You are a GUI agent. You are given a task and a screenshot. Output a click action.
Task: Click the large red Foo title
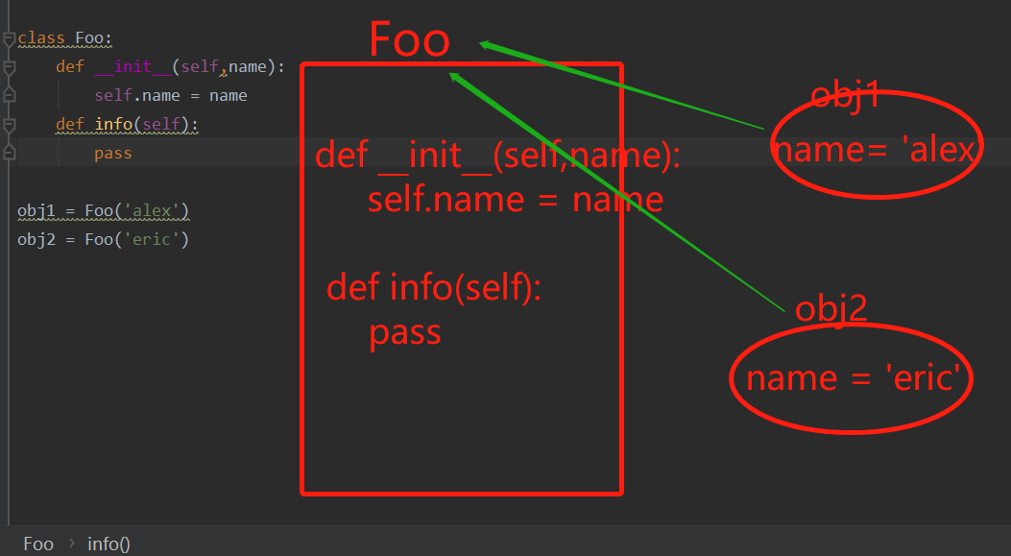(x=409, y=39)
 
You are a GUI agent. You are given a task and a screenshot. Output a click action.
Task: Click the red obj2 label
(x=831, y=308)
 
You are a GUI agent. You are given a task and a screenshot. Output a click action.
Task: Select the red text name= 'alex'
(x=874, y=150)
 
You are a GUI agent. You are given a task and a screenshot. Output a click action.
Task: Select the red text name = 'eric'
(x=853, y=377)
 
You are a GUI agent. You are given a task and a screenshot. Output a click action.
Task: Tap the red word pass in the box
(x=405, y=332)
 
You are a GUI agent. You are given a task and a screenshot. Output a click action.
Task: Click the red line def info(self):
(x=434, y=287)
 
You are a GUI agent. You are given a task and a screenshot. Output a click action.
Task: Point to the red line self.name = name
(x=515, y=199)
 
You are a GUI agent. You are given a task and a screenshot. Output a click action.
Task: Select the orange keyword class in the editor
(x=41, y=38)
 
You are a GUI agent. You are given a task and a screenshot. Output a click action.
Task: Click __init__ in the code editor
(x=132, y=67)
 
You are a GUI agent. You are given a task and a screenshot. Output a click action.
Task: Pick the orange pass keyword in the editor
(x=113, y=154)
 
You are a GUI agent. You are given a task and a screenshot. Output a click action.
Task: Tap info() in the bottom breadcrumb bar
(x=108, y=544)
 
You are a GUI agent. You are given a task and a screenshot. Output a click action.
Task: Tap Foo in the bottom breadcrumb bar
(x=38, y=544)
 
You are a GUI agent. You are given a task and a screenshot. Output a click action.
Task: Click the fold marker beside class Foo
(x=9, y=39)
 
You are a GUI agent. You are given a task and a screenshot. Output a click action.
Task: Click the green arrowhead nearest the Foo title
(x=486, y=44)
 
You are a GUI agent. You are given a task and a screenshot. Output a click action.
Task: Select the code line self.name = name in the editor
(x=171, y=96)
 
